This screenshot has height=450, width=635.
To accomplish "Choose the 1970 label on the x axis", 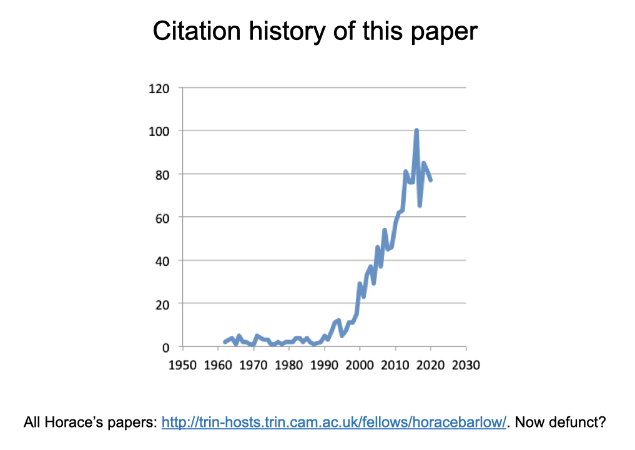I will point(253,364).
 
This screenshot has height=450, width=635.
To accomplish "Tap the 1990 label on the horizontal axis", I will point(324,364).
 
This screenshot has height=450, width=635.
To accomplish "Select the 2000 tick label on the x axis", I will point(360,364).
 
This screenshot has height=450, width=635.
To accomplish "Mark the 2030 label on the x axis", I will point(466,364).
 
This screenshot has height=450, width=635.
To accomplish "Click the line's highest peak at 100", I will point(416,130).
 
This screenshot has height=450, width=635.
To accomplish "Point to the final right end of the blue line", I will point(431,180).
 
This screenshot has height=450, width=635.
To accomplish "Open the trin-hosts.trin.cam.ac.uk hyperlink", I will point(333,423).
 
